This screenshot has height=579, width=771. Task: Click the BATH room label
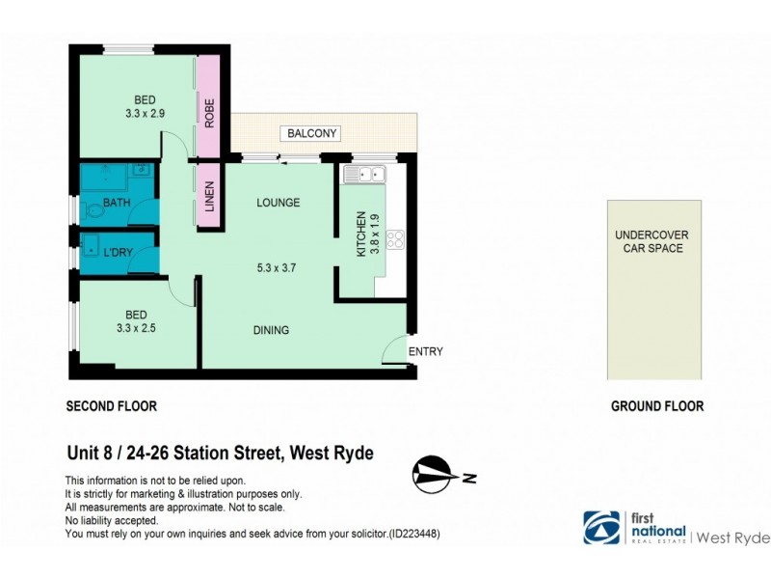(117, 203)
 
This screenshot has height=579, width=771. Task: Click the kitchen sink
(364, 175)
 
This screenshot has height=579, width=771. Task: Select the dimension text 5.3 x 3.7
(274, 268)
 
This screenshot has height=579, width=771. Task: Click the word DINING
(271, 330)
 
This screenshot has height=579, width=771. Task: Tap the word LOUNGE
(278, 203)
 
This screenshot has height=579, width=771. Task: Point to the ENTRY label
(426, 352)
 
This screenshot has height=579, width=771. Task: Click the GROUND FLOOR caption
(656, 406)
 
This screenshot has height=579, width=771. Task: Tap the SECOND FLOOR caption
(111, 406)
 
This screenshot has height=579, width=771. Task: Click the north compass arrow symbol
(436, 474)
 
